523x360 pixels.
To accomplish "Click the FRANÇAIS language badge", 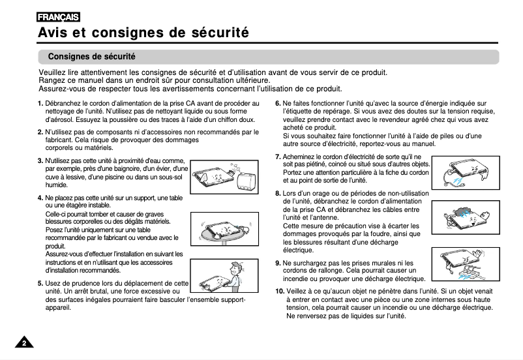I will [59, 17].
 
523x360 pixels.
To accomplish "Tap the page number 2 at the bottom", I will [24, 344].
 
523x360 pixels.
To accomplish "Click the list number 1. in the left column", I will [40, 104].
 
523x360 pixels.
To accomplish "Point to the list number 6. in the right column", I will [278, 104].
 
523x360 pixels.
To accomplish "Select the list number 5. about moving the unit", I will [40, 284].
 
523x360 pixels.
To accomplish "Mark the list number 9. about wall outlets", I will [278, 263].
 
